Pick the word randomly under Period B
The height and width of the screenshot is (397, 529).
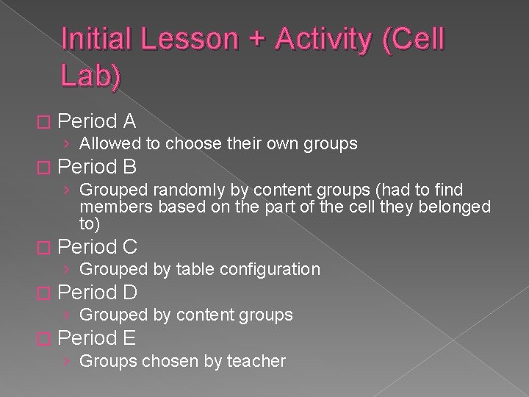tap(178, 191)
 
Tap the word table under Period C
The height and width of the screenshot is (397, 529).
tap(195, 269)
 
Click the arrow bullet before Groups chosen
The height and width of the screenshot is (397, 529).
tap(68, 361)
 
